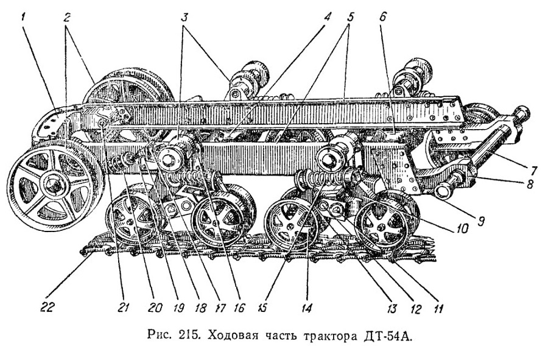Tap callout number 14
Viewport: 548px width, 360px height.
point(307,308)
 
